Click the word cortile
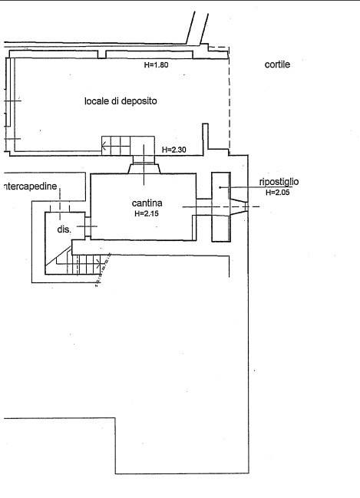(x=277, y=64)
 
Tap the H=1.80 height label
(x=156, y=64)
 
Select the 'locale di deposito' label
(x=121, y=101)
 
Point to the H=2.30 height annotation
(x=174, y=150)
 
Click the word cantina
(x=147, y=203)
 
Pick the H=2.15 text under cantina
(x=147, y=213)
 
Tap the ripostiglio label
(x=279, y=182)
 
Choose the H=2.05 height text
(x=278, y=192)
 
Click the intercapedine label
(x=30, y=186)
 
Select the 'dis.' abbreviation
(x=64, y=229)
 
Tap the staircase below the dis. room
(x=83, y=263)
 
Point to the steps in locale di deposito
(x=116, y=146)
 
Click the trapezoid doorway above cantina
(x=144, y=168)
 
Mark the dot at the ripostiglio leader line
(x=220, y=187)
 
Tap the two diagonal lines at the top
(x=197, y=28)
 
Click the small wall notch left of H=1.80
(x=101, y=54)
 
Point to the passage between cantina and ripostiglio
(x=204, y=207)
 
